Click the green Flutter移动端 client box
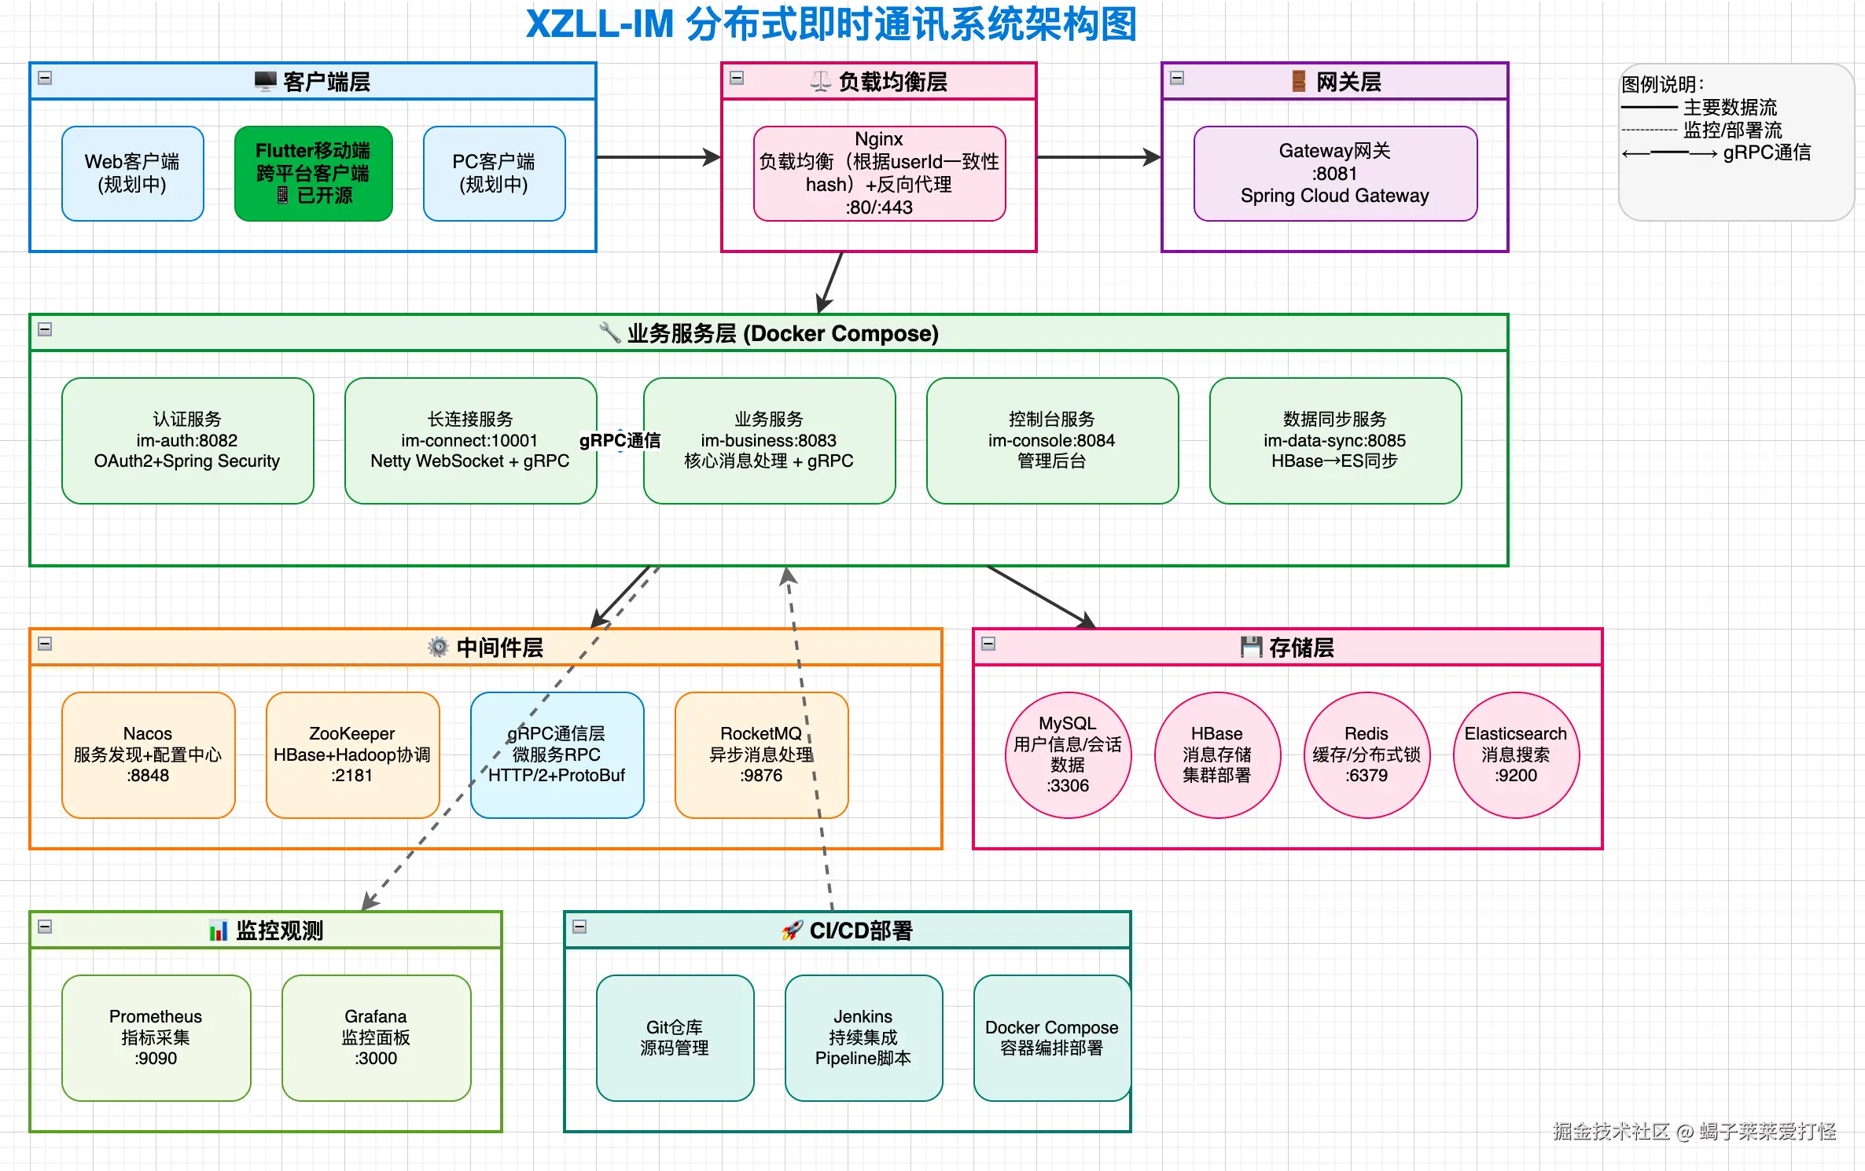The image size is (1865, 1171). point(313,173)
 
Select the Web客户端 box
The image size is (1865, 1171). point(132,173)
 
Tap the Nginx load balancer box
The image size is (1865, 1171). point(879,173)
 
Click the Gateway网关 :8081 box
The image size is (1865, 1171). point(1335,173)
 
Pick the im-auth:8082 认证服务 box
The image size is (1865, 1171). point(187,440)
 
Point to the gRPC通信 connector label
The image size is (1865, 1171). point(620,440)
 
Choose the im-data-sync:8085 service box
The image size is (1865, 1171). point(1335,440)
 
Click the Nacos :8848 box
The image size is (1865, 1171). point(148,754)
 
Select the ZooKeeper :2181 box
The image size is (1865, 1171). point(352,754)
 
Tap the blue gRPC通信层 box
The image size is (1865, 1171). point(557,754)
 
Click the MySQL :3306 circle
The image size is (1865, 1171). point(1068,754)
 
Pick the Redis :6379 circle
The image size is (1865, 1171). point(1367,754)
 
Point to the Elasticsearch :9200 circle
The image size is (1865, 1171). point(1516,754)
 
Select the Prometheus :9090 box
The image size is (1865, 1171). point(156,1037)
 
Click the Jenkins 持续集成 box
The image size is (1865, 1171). point(863,1037)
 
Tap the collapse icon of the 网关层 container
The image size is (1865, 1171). point(1177,78)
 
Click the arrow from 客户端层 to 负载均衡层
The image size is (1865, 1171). point(659,157)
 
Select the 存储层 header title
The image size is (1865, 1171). point(1287,647)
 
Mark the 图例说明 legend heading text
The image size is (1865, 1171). point(1662,84)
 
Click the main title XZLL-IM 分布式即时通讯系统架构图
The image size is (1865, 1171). point(831,24)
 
